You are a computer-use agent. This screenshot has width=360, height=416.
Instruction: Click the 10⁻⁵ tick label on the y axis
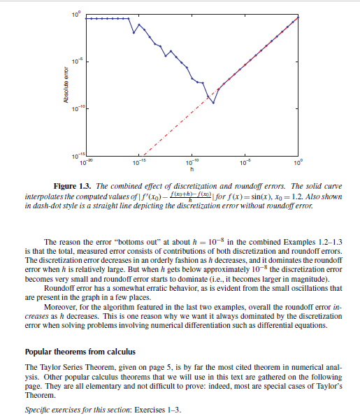pos(77,62)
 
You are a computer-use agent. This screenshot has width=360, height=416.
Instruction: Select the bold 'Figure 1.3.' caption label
pos(73,186)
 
